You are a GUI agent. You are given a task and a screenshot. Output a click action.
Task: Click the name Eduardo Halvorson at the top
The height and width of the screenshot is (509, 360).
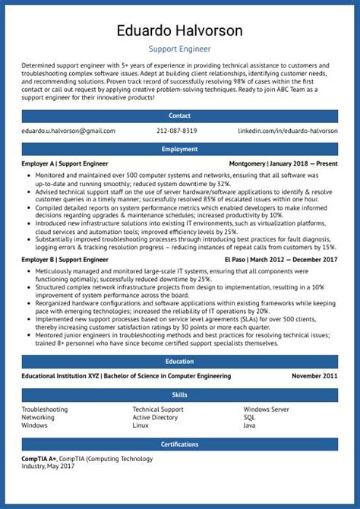click(180, 31)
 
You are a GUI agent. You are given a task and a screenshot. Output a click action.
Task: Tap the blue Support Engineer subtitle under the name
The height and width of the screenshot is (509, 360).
click(180, 49)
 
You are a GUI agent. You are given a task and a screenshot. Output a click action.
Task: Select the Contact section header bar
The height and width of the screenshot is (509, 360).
click(180, 115)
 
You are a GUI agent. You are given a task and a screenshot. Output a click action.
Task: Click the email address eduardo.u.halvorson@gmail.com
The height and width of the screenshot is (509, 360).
click(68, 131)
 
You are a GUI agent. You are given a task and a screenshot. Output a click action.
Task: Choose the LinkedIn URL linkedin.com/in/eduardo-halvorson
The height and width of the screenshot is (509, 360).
click(288, 131)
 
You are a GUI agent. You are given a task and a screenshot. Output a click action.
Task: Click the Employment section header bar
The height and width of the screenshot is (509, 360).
click(180, 149)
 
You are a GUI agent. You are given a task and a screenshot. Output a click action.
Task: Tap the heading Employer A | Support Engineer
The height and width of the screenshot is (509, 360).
click(65, 163)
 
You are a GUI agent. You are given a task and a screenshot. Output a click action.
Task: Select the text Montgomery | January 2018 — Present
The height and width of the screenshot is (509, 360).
click(283, 163)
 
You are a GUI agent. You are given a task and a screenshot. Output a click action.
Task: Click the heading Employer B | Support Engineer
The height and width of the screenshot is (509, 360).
click(65, 260)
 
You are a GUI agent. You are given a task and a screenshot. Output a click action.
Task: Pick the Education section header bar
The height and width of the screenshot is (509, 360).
click(180, 362)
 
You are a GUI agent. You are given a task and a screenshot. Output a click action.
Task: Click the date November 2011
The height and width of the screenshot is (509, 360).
click(314, 376)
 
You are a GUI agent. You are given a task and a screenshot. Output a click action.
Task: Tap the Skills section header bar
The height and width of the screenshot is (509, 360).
click(180, 395)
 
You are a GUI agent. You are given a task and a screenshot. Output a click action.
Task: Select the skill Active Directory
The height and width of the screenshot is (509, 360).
click(155, 417)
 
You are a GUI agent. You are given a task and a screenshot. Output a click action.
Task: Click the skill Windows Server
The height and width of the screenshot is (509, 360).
click(266, 409)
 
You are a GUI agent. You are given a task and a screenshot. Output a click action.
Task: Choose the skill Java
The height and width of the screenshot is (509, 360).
click(249, 425)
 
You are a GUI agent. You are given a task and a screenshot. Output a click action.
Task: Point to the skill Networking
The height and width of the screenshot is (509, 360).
click(38, 417)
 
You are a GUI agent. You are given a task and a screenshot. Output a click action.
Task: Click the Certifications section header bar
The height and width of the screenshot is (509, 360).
click(180, 444)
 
